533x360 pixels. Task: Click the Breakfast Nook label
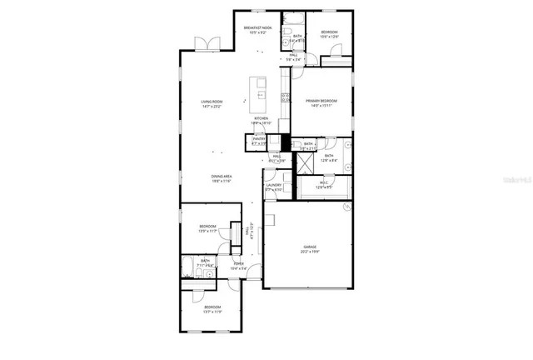tap(258, 29)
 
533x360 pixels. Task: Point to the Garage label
tap(310, 248)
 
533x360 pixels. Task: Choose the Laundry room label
tap(275, 187)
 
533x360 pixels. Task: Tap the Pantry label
tap(259, 142)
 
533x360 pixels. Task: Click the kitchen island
tap(259, 93)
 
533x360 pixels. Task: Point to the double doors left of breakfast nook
tap(204, 43)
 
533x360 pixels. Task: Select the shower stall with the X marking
tap(288, 162)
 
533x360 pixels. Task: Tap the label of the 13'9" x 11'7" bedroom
tap(208, 228)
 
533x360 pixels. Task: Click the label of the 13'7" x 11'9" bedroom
tap(213, 310)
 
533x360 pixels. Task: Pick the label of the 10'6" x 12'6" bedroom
tap(330, 34)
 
